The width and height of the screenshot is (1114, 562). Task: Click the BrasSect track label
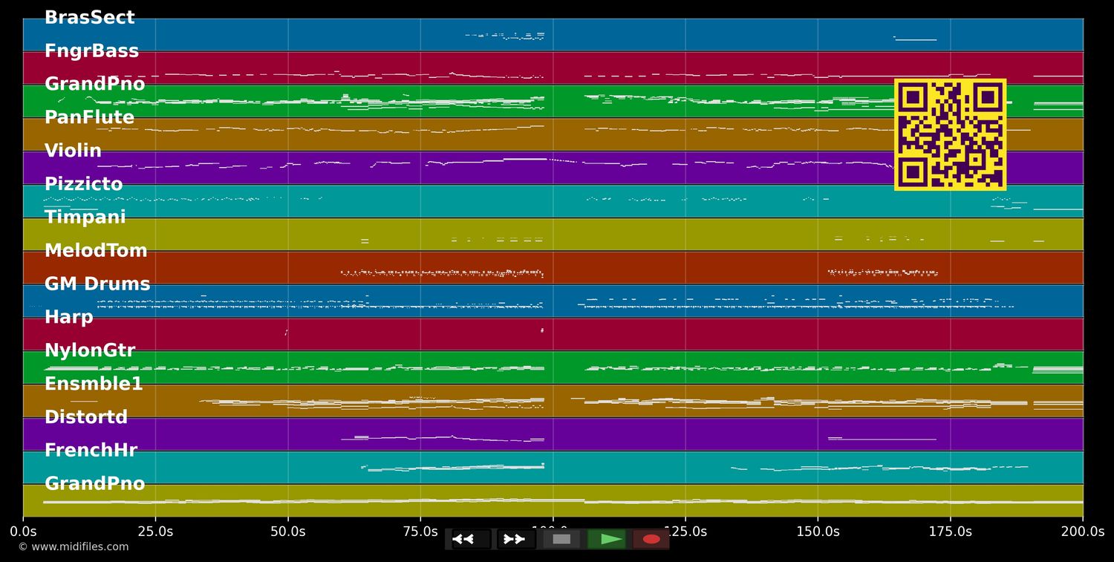pyautogui.click(x=90, y=18)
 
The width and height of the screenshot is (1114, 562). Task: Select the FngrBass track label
pyautogui.click(x=91, y=51)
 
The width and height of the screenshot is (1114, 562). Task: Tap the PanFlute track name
pyautogui.click(x=89, y=117)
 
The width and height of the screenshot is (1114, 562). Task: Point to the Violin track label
pyautogui.click(x=73, y=151)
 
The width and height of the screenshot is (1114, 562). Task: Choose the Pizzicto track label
pyautogui.click(x=83, y=184)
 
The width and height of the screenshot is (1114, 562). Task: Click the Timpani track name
pyautogui.click(x=85, y=218)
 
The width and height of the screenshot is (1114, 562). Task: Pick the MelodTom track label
pyautogui.click(x=96, y=251)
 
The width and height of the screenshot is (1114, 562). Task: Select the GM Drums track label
pyautogui.click(x=97, y=284)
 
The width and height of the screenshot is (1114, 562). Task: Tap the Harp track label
pyautogui.click(x=68, y=317)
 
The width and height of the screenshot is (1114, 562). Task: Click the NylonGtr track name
pyautogui.click(x=90, y=350)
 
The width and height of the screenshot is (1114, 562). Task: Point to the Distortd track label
pyautogui.click(x=86, y=417)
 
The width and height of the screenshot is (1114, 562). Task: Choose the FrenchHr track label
pyautogui.click(x=91, y=451)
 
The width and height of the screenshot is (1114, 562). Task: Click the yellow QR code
pyautogui.click(x=950, y=134)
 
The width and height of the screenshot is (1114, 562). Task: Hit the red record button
pyautogui.click(x=651, y=539)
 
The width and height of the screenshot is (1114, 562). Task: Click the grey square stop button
pyautogui.click(x=561, y=539)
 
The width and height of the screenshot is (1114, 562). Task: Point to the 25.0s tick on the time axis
pyautogui.click(x=155, y=532)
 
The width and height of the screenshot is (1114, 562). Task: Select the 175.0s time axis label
pyautogui.click(x=950, y=532)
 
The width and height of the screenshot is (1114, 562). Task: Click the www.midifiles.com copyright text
pyautogui.click(x=73, y=547)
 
